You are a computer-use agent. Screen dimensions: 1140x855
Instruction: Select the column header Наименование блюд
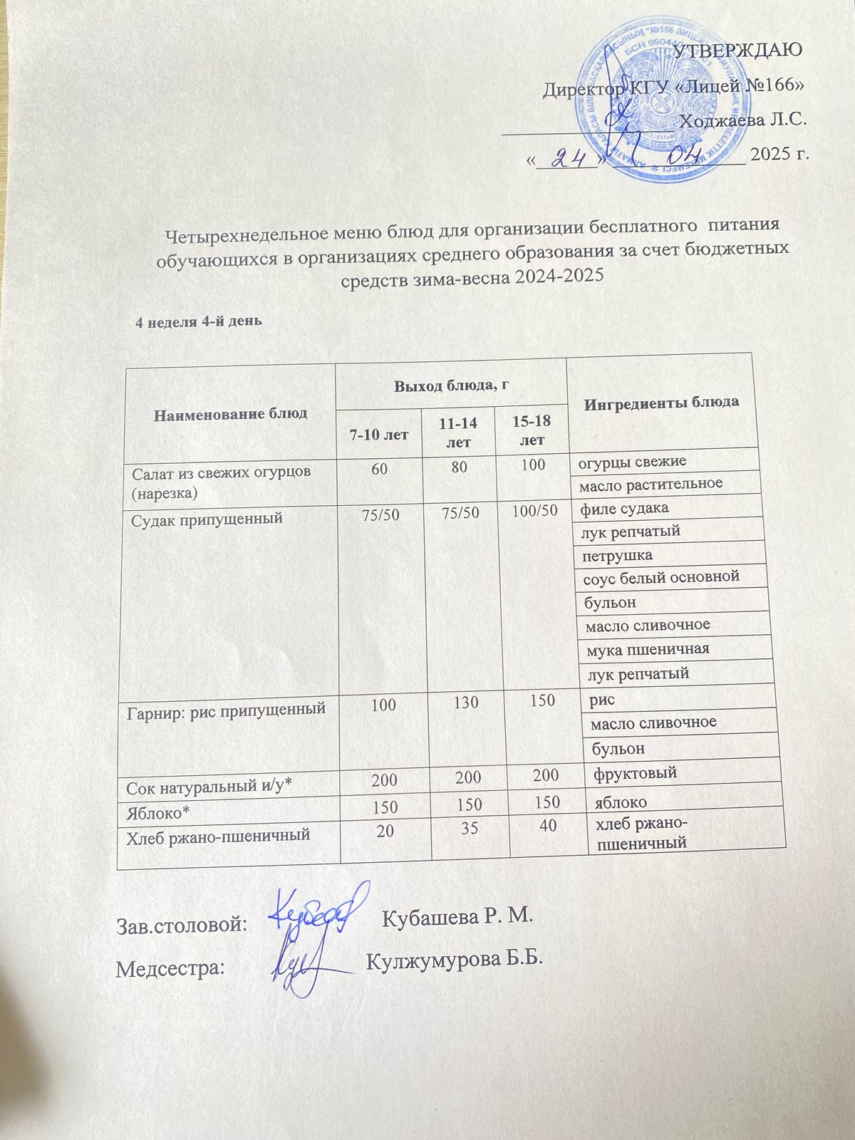click(x=231, y=413)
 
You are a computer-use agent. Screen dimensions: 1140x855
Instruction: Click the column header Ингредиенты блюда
click(x=660, y=402)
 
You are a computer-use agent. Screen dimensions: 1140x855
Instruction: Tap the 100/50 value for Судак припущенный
click(x=535, y=511)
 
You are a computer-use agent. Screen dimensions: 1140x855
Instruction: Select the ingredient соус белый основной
click(x=660, y=576)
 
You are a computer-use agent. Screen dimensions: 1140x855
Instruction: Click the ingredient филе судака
click(x=624, y=509)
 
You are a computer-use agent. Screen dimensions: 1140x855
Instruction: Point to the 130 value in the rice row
click(x=466, y=702)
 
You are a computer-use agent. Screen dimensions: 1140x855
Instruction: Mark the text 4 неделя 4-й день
click(x=199, y=321)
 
